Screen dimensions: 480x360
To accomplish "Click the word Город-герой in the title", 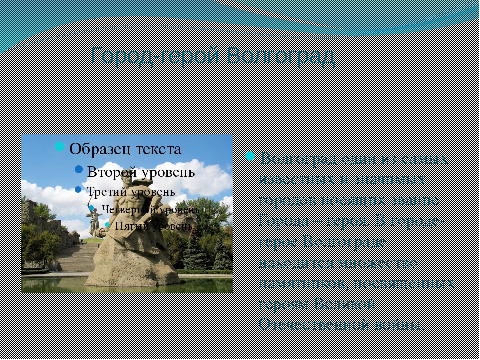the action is click(156, 56).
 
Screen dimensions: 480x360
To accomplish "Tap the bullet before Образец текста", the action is click(59, 146).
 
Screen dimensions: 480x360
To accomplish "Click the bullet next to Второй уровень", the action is click(79, 169).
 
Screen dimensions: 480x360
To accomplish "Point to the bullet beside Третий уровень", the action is click(78, 190).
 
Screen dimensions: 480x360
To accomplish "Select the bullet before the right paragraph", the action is click(250, 156).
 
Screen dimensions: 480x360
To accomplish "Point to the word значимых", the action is click(389, 180).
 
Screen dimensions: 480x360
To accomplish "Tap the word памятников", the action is click(303, 284).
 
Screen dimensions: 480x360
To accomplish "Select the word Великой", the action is click(344, 304).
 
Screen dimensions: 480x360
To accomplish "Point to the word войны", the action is click(400, 325).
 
